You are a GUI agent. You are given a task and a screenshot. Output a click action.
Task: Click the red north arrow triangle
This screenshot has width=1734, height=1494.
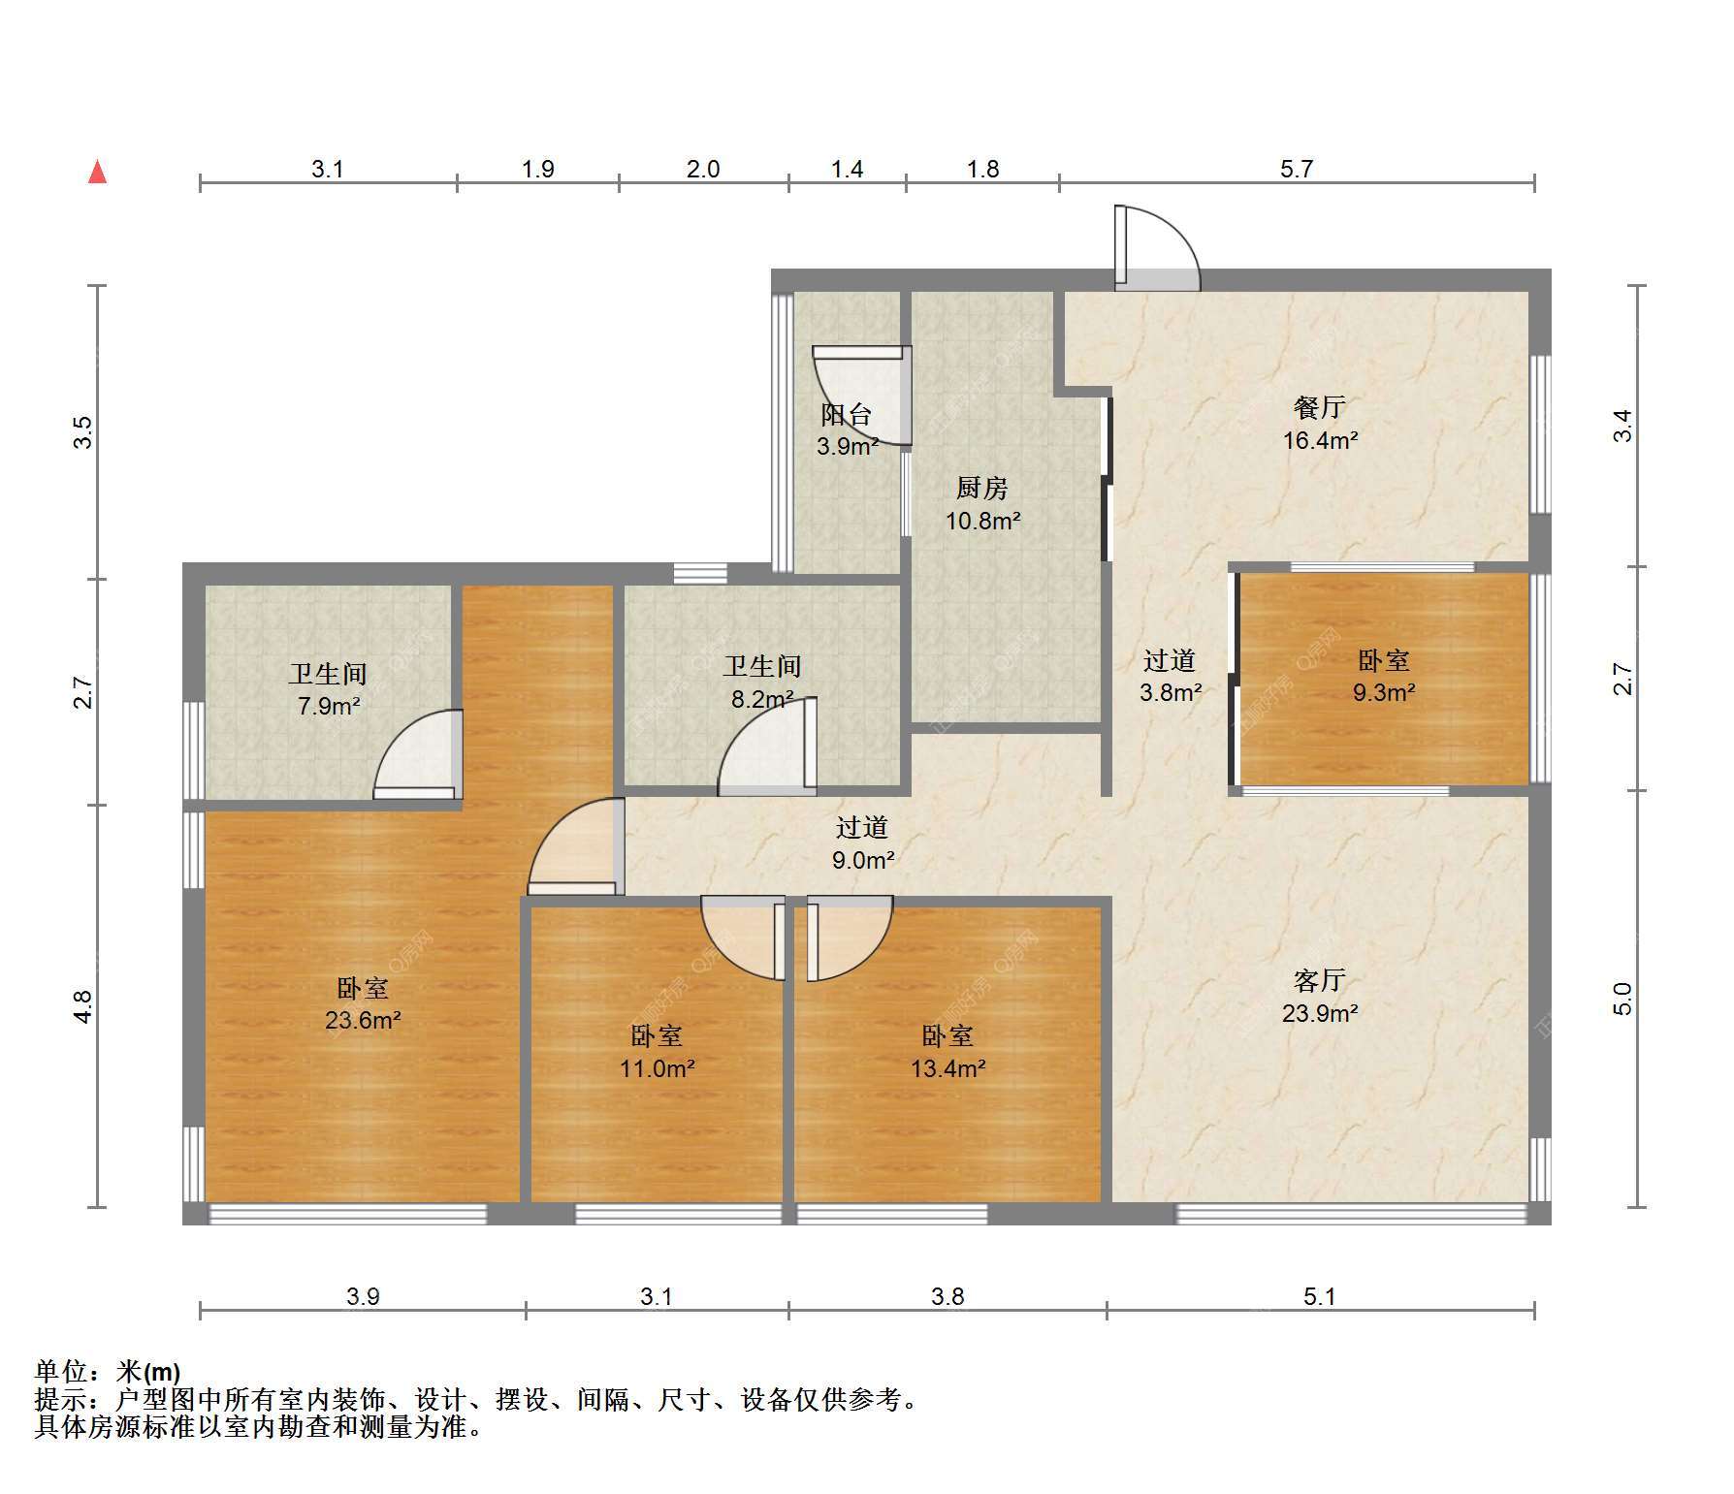click(x=97, y=172)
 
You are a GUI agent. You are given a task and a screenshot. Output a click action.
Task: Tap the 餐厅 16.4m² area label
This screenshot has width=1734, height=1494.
click(x=1320, y=423)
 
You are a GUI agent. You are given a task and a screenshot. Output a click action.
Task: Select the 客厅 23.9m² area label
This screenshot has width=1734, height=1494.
click(x=1320, y=997)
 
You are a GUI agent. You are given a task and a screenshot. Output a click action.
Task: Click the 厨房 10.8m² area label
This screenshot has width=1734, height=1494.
click(x=982, y=504)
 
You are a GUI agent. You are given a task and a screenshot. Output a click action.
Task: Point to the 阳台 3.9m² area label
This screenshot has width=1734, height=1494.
click(x=847, y=430)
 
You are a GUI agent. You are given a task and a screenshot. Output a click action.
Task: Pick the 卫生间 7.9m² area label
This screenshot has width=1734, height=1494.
click(x=328, y=689)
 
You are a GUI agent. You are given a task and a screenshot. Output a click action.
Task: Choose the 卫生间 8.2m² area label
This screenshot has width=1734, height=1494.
click(x=762, y=682)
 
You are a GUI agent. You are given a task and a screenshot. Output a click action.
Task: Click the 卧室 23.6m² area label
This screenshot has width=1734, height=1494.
click(x=363, y=1003)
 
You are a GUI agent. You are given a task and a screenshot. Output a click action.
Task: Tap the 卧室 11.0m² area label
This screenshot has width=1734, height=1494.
click(x=657, y=1052)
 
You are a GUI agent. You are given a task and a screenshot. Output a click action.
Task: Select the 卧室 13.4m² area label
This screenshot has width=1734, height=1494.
click(x=947, y=1052)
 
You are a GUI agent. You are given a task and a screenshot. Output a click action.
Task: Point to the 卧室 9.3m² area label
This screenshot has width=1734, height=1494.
click(x=1384, y=676)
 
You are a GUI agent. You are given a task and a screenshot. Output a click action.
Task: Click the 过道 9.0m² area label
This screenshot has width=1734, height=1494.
click(x=862, y=842)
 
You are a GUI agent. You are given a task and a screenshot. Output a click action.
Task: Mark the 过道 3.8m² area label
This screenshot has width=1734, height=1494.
click(x=1170, y=676)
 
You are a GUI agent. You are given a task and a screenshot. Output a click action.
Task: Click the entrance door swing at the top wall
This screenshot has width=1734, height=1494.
click(x=1157, y=247)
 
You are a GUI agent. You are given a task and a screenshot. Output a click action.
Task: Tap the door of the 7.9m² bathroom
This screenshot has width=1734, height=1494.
click(x=418, y=755)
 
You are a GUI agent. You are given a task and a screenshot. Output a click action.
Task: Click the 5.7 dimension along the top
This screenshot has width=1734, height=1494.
click(x=1297, y=169)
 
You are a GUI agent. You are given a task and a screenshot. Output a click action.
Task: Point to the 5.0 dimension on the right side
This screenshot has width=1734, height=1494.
click(x=1622, y=999)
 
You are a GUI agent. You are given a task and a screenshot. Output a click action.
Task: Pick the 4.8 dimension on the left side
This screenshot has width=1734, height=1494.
click(x=83, y=1005)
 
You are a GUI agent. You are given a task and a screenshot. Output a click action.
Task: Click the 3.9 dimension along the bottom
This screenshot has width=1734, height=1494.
click(x=363, y=1296)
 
